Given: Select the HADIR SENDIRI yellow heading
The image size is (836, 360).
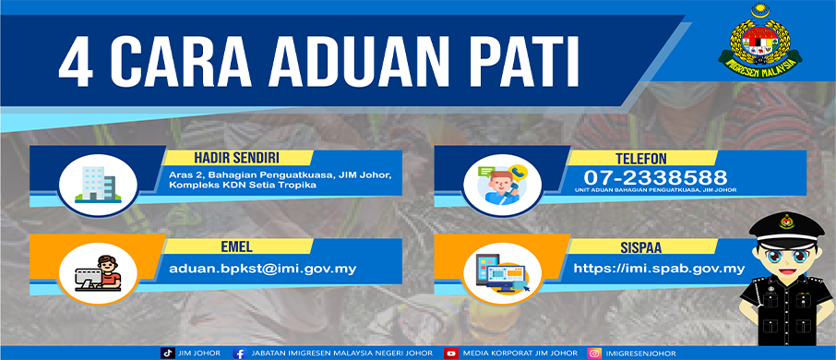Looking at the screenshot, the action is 237,157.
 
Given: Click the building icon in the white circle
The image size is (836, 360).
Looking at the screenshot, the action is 98,185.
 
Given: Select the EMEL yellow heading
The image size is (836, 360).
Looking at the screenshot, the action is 237,246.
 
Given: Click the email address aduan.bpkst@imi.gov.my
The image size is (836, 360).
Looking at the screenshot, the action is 262,269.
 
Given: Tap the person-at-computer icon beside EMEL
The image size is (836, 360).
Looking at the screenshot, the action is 98,273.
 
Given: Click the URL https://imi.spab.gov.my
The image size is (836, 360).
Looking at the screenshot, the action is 659,269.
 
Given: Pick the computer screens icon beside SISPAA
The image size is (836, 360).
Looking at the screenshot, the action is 502,273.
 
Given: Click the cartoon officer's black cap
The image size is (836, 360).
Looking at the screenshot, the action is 786,228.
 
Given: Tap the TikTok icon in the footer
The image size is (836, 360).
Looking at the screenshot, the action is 167,353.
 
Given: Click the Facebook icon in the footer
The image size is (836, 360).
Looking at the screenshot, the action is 240,353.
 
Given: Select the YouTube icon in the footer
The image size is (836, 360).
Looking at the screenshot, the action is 451,353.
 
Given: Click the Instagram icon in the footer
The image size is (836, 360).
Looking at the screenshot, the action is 594,353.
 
